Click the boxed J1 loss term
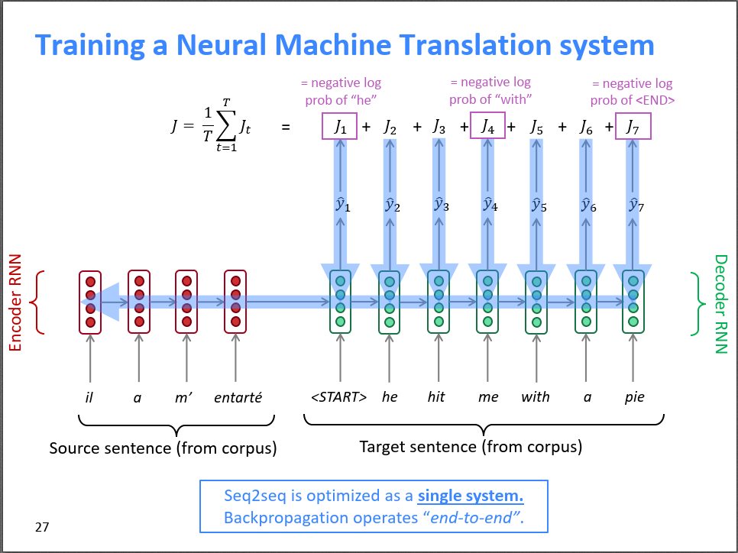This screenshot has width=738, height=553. tap(340, 127)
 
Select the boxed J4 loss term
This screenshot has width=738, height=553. tap(487, 127)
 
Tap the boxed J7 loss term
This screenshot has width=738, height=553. tap(632, 127)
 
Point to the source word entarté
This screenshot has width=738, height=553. tap(238, 397)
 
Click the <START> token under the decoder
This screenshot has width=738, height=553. tap(338, 397)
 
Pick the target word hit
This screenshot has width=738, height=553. tap(436, 397)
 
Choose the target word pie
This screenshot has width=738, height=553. tap(634, 397)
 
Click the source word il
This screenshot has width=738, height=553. tap(89, 397)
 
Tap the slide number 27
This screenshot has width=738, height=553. tap(43, 526)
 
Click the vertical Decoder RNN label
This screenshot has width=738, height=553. tap(720, 303)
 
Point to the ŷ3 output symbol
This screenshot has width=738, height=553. tap(439, 204)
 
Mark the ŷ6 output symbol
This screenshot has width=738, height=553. tap(587, 204)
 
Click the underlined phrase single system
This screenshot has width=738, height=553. tap(470, 495)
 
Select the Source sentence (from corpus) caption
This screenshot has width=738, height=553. tap(163, 448)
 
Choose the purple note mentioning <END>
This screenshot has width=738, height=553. tap(632, 92)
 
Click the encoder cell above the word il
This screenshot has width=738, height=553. tap(90, 302)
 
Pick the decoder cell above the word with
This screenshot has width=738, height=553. tap(536, 302)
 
